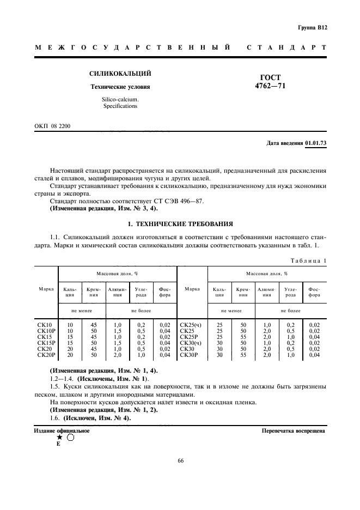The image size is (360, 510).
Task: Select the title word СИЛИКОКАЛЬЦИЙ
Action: (x=120, y=74)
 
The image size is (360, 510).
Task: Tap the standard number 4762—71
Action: (x=271, y=86)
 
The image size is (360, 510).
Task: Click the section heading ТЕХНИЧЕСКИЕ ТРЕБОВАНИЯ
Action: (x=184, y=223)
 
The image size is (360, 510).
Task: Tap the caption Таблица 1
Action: (x=308, y=260)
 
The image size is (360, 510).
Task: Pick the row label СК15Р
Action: (x=46, y=343)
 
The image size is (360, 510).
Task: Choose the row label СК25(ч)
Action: (x=191, y=325)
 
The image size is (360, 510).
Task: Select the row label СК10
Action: (x=45, y=325)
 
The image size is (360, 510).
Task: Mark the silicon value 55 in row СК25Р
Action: (x=243, y=337)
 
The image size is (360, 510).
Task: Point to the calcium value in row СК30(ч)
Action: (x=219, y=343)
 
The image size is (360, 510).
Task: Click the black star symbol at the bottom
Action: (x=59, y=437)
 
